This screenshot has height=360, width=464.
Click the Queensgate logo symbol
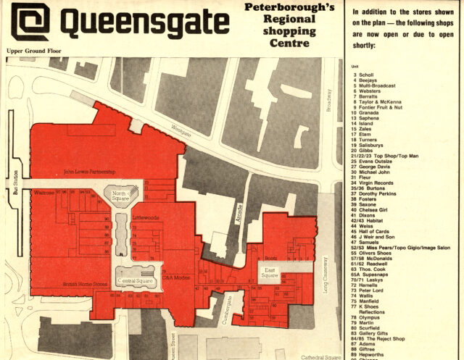29,23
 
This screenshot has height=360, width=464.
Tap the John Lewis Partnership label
91,172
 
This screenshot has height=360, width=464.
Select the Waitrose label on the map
45,193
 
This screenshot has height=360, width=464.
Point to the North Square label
120,196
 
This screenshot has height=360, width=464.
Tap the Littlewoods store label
145,217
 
